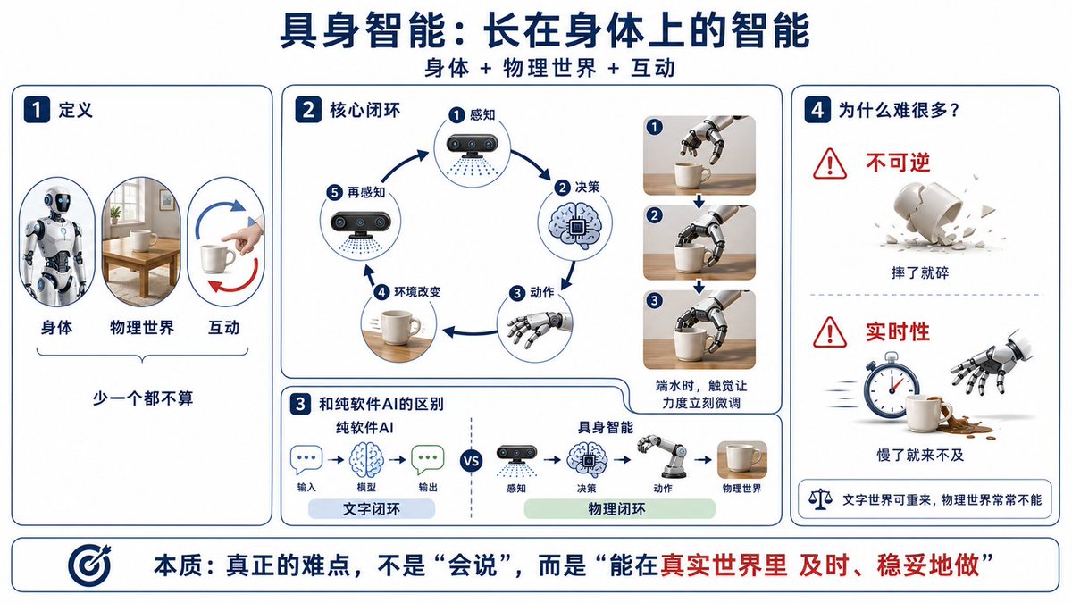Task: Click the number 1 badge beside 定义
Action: click(37, 110)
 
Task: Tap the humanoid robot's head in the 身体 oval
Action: click(57, 200)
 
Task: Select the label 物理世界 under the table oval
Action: click(142, 328)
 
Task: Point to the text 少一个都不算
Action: click(143, 398)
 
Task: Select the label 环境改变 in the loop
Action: click(417, 292)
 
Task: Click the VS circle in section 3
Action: click(472, 461)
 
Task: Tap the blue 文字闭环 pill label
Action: click(372, 508)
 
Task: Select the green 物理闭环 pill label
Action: click(620, 508)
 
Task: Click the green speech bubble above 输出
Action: click(427, 459)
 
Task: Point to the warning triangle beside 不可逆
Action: click(829, 163)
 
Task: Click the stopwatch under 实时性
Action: click(892, 385)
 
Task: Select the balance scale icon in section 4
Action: click(820, 499)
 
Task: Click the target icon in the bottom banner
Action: click(89, 565)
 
